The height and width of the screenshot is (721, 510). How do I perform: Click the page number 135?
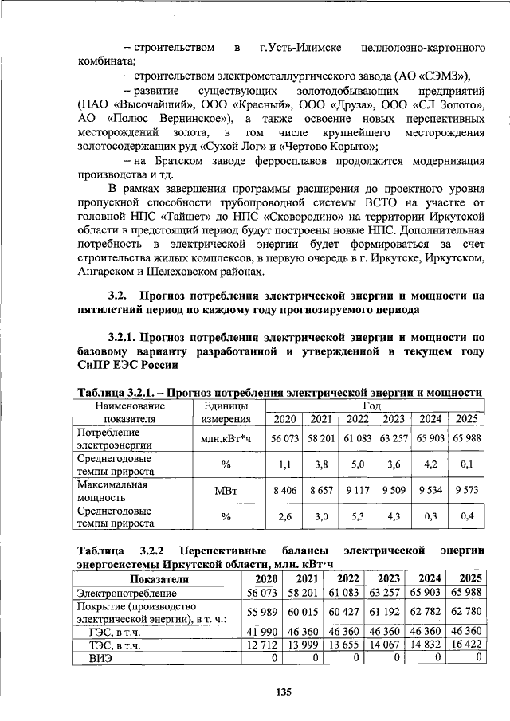pyautogui.click(x=280, y=691)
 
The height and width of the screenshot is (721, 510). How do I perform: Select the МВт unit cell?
pyautogui.click(x=226, y=490)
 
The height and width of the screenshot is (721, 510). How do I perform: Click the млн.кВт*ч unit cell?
pyautogui.click(x=226, y=438)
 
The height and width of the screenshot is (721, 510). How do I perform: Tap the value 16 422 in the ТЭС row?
pyautogui.click(x=465, y=645)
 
